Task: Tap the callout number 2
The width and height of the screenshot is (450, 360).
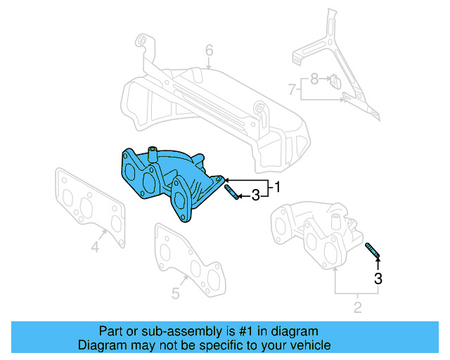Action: (357, 307)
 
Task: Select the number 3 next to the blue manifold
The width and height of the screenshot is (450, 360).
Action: (255, 195)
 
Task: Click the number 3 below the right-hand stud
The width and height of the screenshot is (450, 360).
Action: (378, 278)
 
